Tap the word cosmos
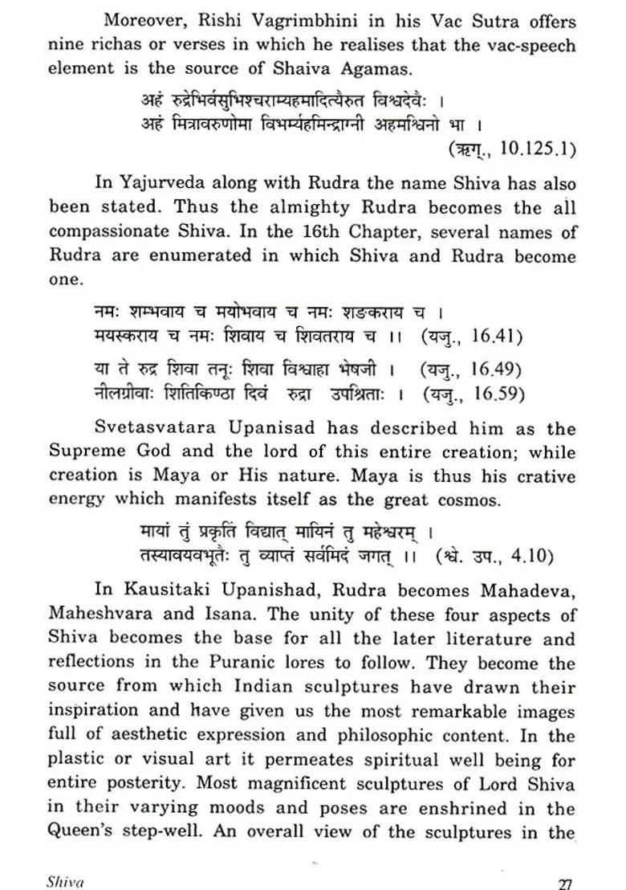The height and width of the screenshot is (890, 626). tap(465, 500)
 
